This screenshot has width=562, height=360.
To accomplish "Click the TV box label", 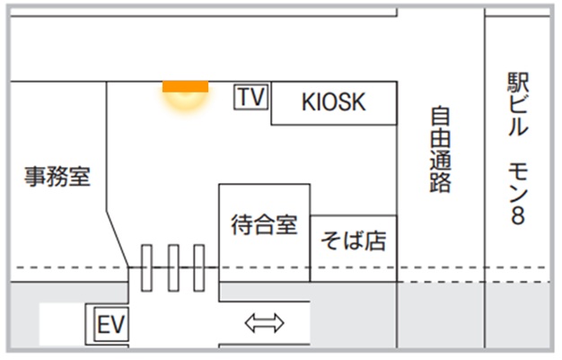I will [251, 97].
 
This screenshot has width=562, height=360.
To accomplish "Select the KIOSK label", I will [333, 102].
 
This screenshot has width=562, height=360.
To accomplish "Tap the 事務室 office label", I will [57, 176].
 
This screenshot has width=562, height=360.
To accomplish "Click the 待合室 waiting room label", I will [264, 224].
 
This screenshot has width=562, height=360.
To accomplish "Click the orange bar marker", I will [185, 86].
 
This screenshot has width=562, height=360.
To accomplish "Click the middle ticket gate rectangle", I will [173, 268].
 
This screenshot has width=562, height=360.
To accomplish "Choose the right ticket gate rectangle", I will [199, 268].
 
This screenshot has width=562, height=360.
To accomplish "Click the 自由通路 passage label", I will [440, 150].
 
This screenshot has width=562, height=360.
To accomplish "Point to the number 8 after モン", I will [518, 215].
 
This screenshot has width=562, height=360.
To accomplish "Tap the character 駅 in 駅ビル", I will [518, 83].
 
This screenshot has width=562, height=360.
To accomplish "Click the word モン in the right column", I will [518, 182].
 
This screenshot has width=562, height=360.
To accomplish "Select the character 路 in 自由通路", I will [440, 183].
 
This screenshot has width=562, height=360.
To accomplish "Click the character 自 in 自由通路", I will [440, 117].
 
